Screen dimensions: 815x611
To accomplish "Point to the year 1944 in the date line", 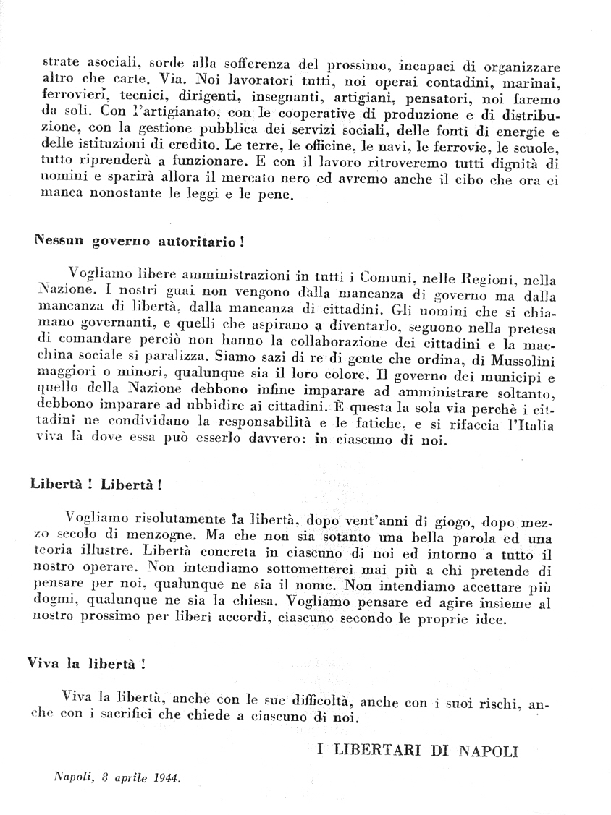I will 164,779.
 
